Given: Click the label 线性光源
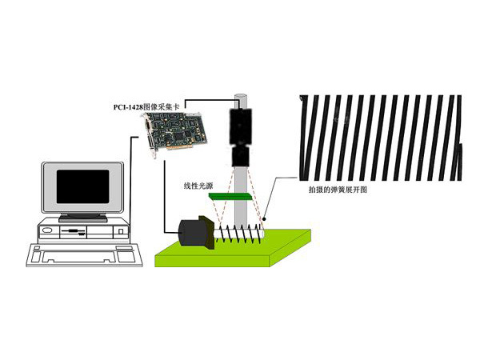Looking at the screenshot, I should point(198,186).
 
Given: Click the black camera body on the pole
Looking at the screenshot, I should point(242,123).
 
